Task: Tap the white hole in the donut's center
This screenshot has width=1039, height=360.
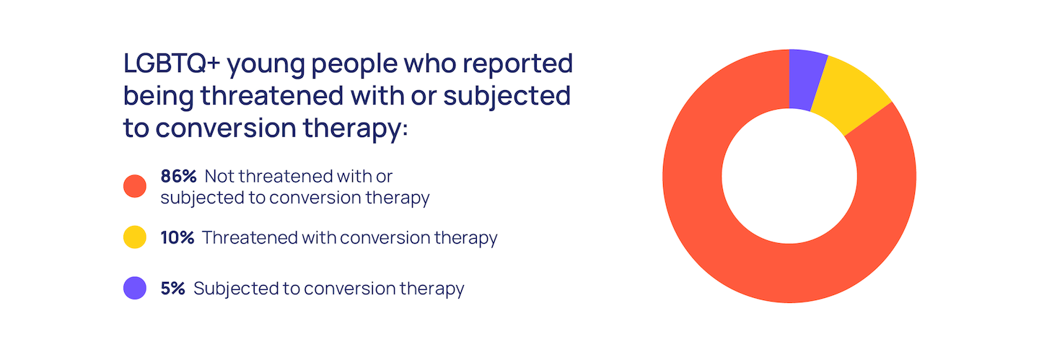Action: [x=789, y=176]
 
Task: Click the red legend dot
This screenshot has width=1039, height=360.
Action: [x=134, y=186]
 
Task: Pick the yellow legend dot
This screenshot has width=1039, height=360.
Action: [x=134, y=237]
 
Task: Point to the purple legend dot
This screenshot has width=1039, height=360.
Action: [x=134, y=288]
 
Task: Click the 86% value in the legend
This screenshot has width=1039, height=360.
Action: [x=179, y=176]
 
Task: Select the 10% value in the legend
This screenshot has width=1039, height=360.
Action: [x=177, y=237]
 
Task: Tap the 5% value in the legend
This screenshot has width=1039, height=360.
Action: [x=172, y=289]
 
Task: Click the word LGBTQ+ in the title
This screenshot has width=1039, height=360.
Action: [x=172, y=63]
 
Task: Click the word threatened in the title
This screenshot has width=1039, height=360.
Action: [x=271, y=96]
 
